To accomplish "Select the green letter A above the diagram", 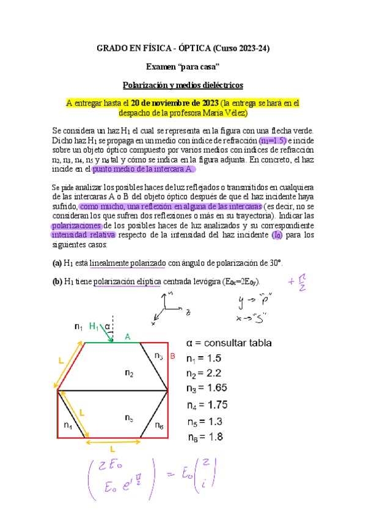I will pos(128,337).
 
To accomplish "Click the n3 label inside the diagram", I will pos(158,356).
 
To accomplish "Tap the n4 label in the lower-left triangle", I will pos(68,425).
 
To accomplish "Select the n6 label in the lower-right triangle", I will pos(159,425).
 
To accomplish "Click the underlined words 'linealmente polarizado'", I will pos(128,263).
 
